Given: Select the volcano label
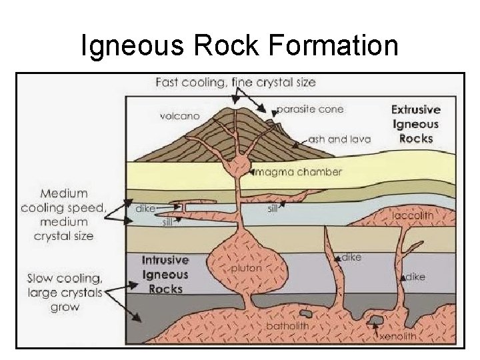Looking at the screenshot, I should click(179, 116).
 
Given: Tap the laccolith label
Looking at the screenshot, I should click(413, 215).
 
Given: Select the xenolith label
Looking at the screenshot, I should click(398, 337).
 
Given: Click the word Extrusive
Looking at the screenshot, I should click(415, 109).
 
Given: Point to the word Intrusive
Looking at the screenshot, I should click(165, 260).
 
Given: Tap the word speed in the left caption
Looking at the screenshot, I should click(89, 207).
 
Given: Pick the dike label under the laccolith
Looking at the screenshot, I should click(415, 275).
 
